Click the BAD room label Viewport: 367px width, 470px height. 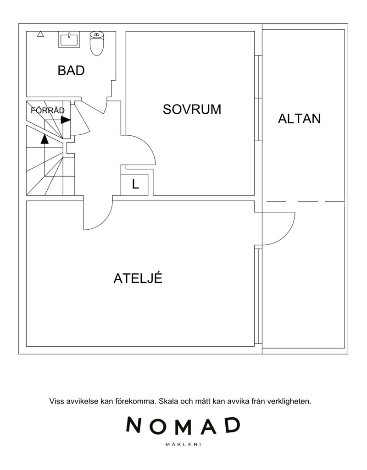[x=71, y=71]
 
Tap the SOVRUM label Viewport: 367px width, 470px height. [x=192, y=110]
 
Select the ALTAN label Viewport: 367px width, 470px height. [x=299, y=119]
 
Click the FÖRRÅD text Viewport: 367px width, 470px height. [x=48, y=111]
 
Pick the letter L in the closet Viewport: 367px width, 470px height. [x=135, y=184]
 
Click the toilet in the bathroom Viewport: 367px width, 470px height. [x=96, y=44]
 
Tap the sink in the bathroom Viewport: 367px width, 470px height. [x=69, y=39]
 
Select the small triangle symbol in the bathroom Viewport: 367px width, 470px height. [x=40, y=34]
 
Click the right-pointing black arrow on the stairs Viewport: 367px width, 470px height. [x=66, y=120]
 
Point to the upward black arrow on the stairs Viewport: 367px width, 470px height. [x=44, y=139]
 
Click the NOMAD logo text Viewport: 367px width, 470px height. [x=183, y=426]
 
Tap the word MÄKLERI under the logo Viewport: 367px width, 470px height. [x=183, y=445]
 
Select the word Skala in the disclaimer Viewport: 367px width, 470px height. [x=168, y=401]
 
